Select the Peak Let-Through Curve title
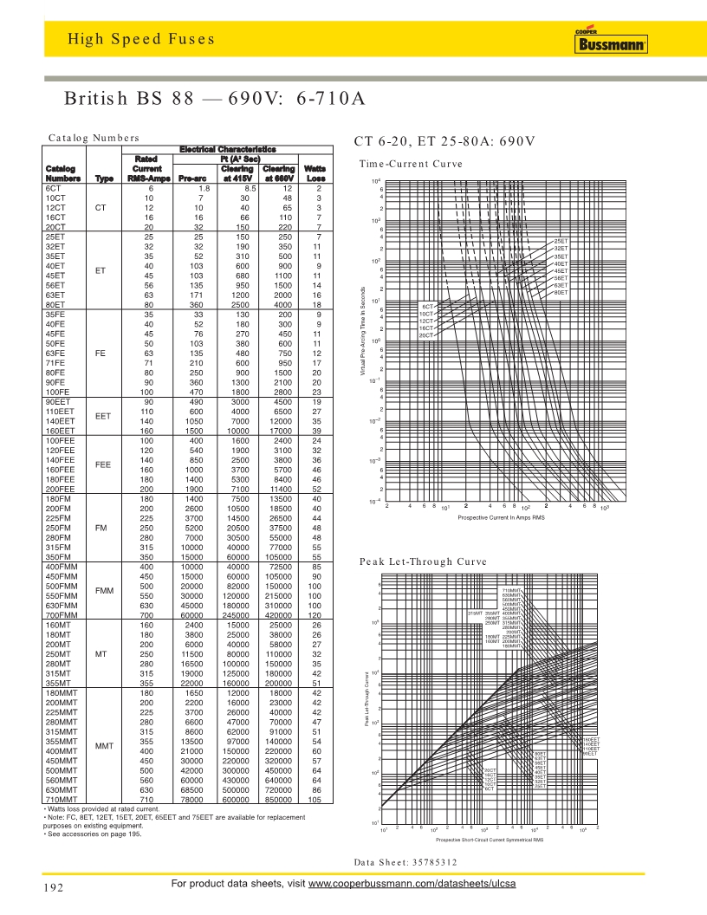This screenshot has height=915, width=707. (423, 562)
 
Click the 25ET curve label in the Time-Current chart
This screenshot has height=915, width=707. (561, 241)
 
